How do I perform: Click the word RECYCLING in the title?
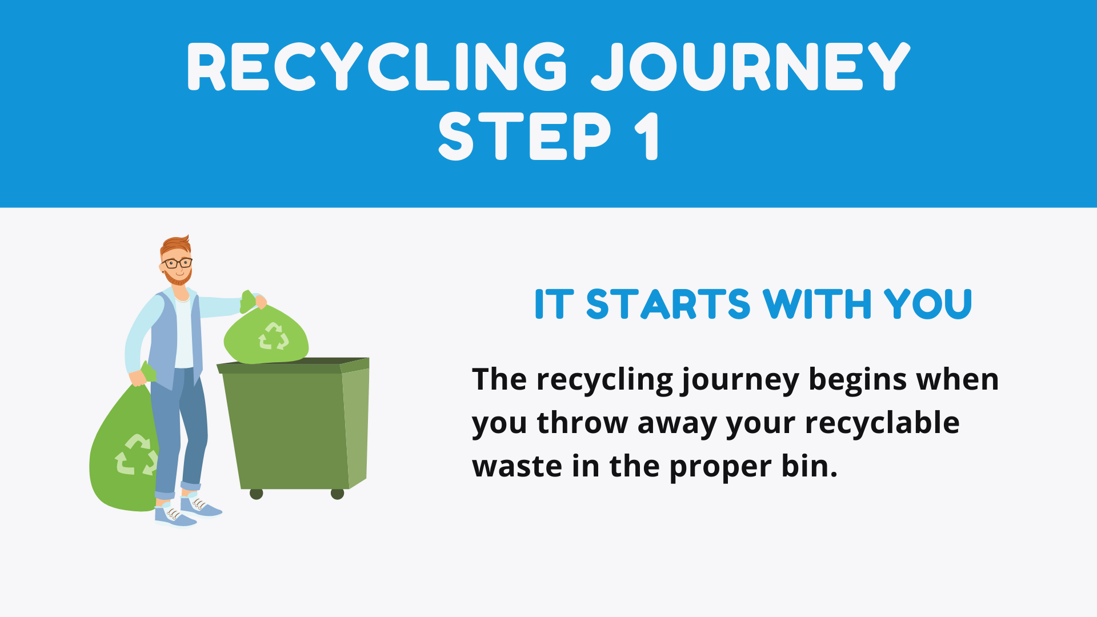377,67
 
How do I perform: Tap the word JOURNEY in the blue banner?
751,67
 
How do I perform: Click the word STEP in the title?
525,136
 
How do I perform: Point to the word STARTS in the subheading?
668,304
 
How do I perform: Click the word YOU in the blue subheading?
928,304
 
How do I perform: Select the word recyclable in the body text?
882,423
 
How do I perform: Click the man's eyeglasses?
177,263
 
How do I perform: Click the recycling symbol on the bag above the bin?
274,336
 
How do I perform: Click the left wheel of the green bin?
257,494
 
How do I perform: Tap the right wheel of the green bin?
338,494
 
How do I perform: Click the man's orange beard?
178,278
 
